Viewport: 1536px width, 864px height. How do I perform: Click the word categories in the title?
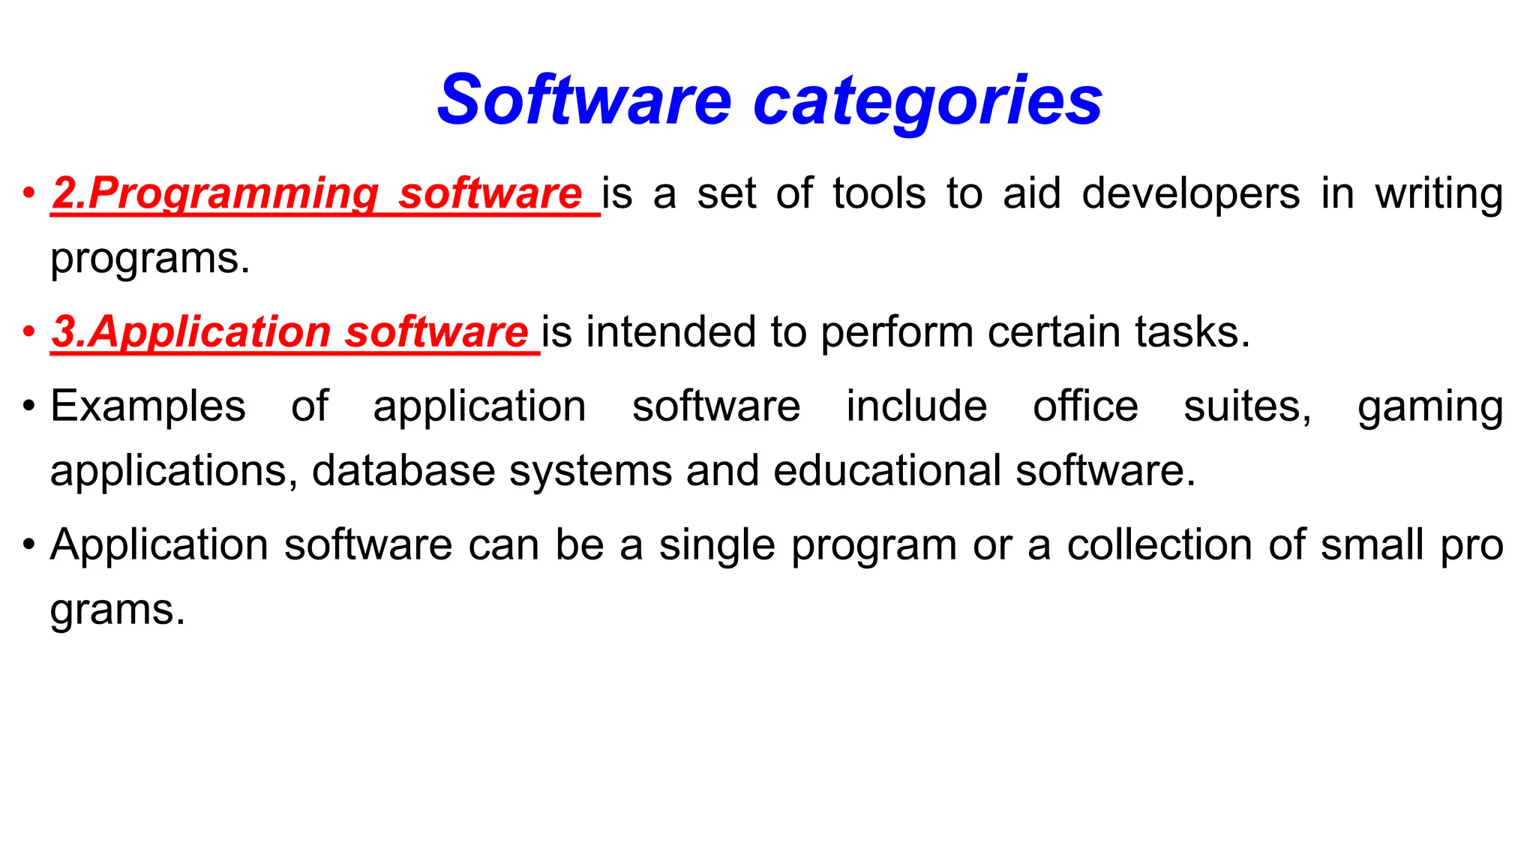coord(927,101)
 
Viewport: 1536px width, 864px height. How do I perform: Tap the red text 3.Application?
coord(191,331)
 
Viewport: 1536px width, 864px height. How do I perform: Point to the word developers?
coord(1190,193)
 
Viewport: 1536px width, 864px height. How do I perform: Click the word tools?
coord(879,193)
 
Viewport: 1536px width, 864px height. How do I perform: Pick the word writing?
coord(1438,193)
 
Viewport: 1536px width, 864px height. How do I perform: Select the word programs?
coord(149,259)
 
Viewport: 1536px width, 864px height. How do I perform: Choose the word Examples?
coord(148,406)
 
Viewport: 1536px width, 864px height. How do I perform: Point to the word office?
coord(1085,406)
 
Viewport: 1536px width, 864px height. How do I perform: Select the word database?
coord(403,470)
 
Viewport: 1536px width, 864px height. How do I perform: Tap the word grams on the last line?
coord(117,610)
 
